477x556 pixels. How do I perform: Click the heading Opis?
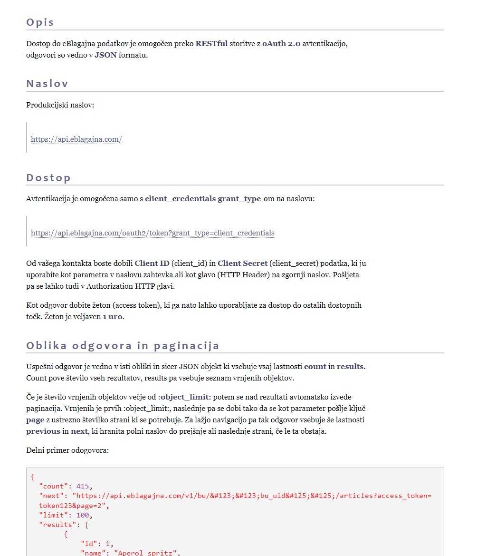coord(40,22)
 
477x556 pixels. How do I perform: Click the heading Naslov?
coord(47,84)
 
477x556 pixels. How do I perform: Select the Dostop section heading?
coord(48,178)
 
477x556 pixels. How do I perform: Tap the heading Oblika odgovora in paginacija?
coord(123,346)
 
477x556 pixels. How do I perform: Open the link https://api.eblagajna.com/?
coord(76,139)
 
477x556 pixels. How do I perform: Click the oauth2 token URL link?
coord(153,233)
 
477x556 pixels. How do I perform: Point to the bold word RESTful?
coord(211,44)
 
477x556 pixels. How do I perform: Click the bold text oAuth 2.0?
coord(281,44)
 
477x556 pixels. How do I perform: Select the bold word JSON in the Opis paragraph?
coord(105,55)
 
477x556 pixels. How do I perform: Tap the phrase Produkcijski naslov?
coord(60,105)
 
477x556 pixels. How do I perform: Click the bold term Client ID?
coord(152,263)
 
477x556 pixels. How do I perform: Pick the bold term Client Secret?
coord(242,263)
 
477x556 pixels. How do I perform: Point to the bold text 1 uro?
coord(113,316)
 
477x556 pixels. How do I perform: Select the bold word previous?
coord(43,431)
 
